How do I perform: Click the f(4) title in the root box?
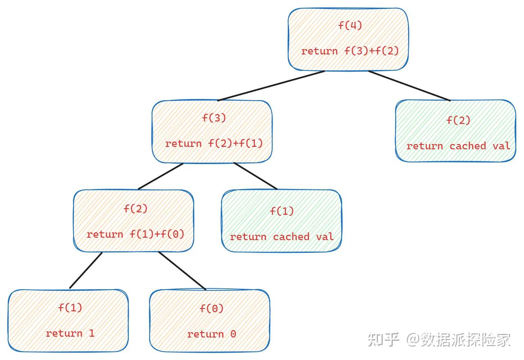pos(350,25)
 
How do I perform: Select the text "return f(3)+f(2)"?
pos(350,51)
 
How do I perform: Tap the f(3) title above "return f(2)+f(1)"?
pos(214,118)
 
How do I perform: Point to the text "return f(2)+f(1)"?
pos(214,144)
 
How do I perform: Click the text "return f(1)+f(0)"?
pos(135,234)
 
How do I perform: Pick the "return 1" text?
pos(70,333)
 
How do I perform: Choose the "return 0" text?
pos(211,334)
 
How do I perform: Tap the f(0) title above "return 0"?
pos(211,308)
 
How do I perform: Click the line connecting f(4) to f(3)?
pos(271,85)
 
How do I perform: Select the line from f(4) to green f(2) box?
pos(409,85)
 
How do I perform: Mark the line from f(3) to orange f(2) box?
pos(160,176)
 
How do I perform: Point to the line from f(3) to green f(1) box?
pos(255,176)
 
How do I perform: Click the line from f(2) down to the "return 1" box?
pos(86,270)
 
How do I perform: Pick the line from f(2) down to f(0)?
pos(182,270)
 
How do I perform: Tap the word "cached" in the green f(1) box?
pos(291,237)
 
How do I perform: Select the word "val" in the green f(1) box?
pos(325,237)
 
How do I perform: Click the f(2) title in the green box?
pos(458,120)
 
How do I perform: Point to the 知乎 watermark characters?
pos(383,339)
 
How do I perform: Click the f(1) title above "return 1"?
pos(70,308)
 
